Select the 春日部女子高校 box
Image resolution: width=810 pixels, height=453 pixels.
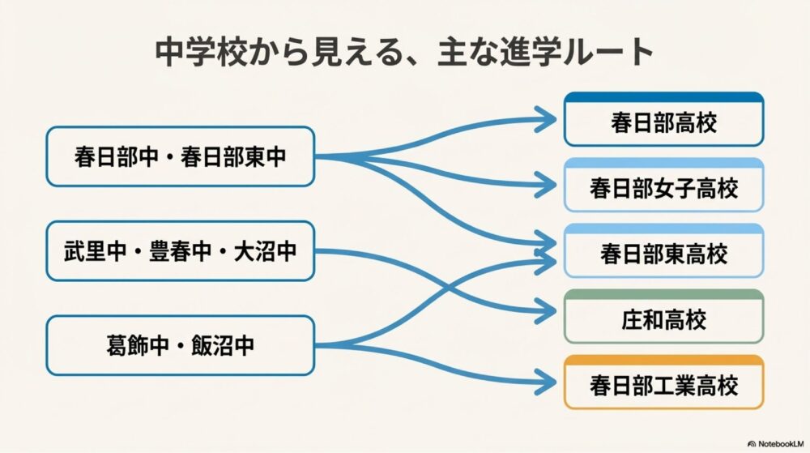coord(663,189)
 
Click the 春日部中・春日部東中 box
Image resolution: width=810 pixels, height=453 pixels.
coord(180,156)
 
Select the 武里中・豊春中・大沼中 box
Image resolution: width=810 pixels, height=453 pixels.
coord(180,251)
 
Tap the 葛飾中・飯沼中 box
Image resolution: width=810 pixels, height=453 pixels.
coord(180,346)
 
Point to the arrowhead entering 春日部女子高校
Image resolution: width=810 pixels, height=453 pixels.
coord(550,184)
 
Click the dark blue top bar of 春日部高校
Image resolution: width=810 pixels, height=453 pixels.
coord(663,97)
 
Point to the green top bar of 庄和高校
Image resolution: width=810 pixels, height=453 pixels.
coord(663,294)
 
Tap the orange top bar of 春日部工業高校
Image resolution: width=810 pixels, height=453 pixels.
coord(663,360)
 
